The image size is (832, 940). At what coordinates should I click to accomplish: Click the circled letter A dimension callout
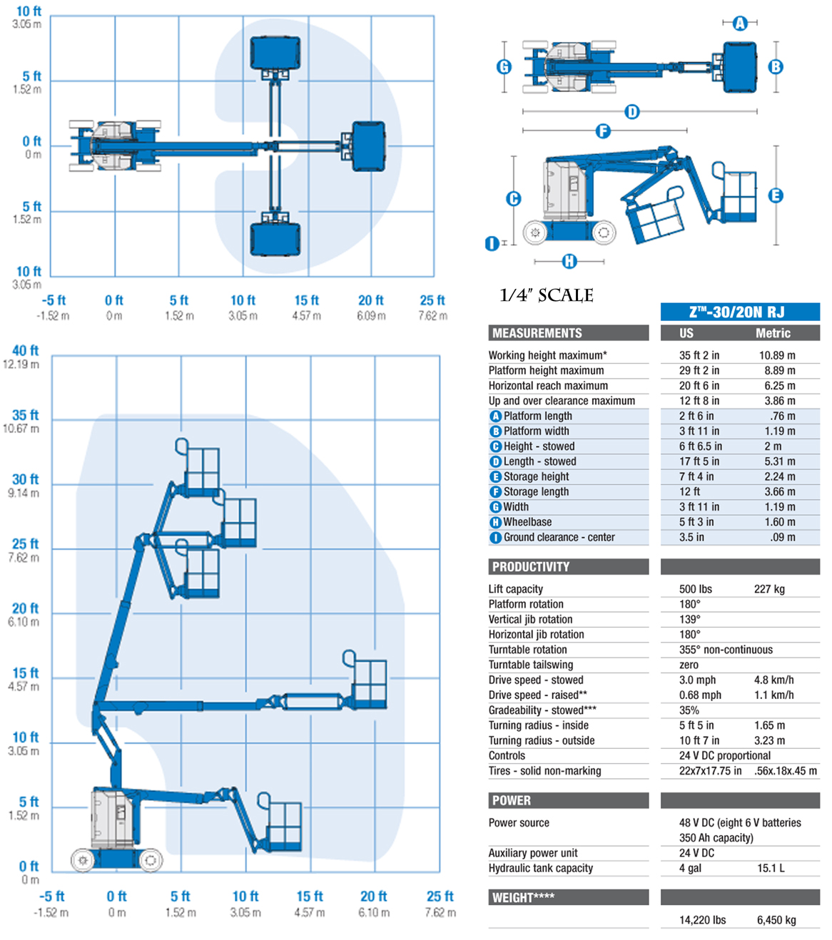click(x=740, y=23)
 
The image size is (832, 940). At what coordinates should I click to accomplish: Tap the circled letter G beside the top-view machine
click(x=504, y=67)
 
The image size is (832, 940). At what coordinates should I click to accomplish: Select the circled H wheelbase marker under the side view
click(x=569, y=262)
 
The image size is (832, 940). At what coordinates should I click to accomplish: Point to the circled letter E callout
click(x=776, y=195)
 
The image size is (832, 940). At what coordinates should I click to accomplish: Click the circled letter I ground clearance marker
click(x=492, y=244)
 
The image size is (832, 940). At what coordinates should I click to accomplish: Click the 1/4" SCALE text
click(x=547, y=295)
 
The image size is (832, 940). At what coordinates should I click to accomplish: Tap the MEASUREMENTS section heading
click(x=537, y=333)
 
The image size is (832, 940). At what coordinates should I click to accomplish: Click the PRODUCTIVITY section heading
click(x=531, y=566)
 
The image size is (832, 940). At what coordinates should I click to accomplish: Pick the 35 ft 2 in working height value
click(x=699, y=355)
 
